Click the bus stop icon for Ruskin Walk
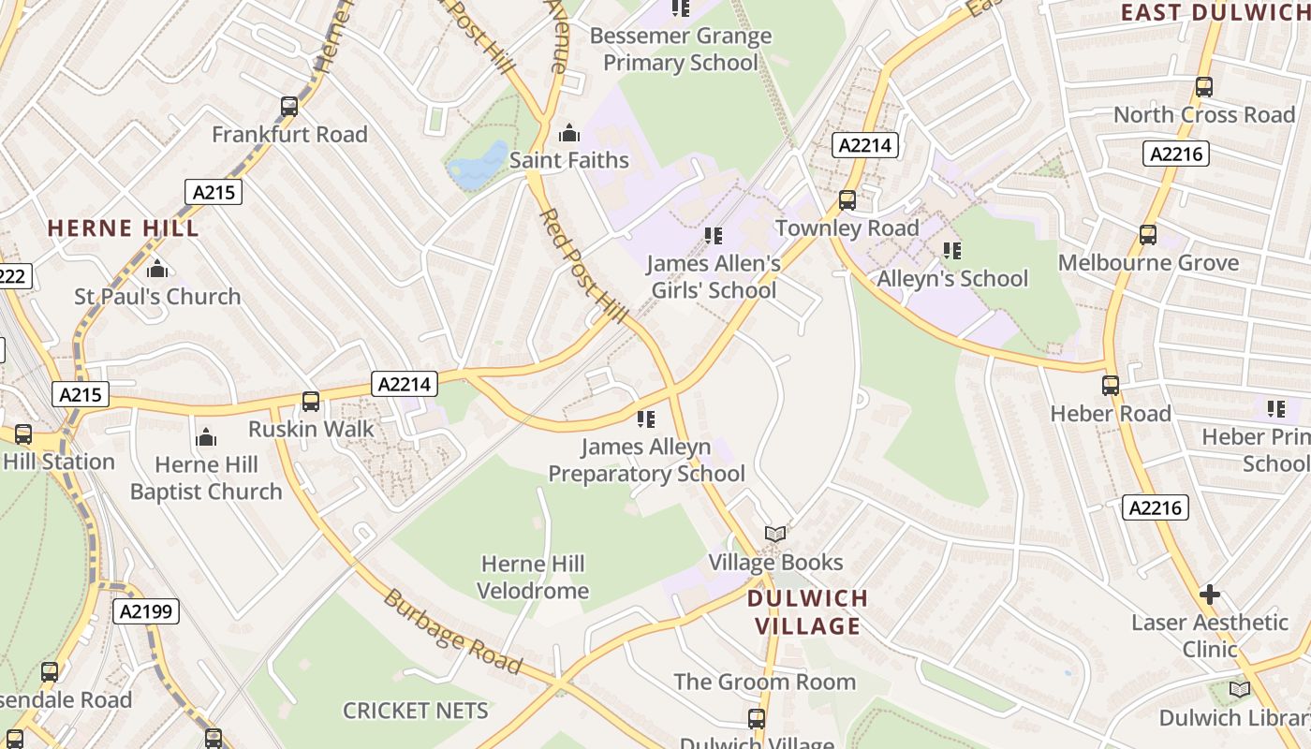click(310, 402)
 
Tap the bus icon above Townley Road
click(847, 200)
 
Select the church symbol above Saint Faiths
click(568, 134)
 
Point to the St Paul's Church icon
click(157, 270)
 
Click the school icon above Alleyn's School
click(952, 251)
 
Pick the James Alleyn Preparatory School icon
click(645, 419)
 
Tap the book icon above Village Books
click(775, 535)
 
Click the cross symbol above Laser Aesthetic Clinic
click(1210, 595)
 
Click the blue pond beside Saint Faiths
click(479, 164)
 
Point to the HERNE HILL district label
click(123, 228)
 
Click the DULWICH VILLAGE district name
click(807, 612)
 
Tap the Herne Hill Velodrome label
click(533, 577)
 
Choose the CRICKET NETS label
click(415, 711)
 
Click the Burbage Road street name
click(451, 632)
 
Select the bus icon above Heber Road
click(1111, 386)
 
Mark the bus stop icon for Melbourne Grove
click(1148, 235)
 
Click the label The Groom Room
click(764, 682)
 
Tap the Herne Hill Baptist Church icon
click(206, 437)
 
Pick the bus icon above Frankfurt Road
click(289, 108)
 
